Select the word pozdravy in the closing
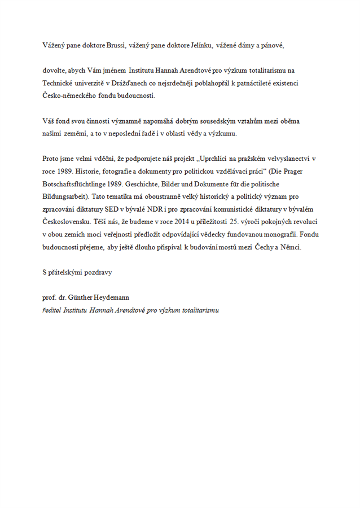[x=99, y=273]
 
